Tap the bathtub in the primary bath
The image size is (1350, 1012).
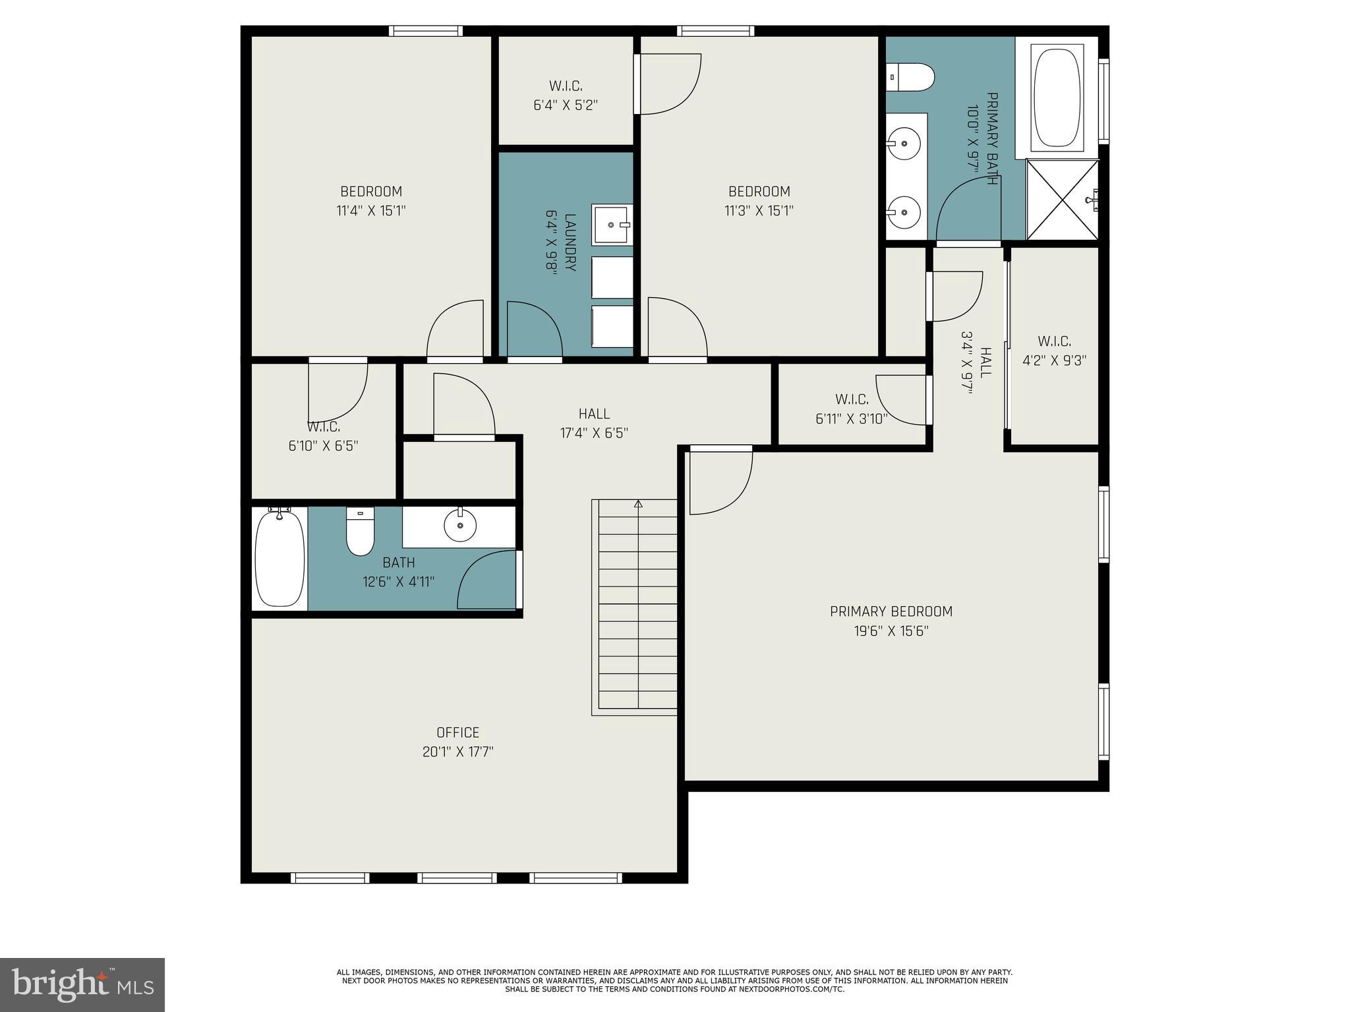point(1057,96)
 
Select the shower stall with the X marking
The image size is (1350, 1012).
point(1062,199)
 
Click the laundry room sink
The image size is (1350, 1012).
point(612,225)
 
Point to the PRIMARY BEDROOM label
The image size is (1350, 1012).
point(891,611)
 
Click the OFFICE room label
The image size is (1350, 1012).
point(457,733)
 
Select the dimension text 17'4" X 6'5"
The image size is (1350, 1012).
point(594,433)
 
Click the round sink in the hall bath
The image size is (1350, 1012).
point(459,525)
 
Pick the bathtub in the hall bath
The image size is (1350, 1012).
point(279,558)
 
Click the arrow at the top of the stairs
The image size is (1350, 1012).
point(637,505)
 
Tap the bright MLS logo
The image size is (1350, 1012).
point(82,985)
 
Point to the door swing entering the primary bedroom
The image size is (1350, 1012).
point(720,481)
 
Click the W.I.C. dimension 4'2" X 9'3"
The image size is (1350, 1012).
point(1054,360)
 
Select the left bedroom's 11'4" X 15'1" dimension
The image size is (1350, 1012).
point(371,211)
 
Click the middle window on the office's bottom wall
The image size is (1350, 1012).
point(457,878)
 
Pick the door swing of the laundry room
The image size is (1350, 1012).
point(534,329)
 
